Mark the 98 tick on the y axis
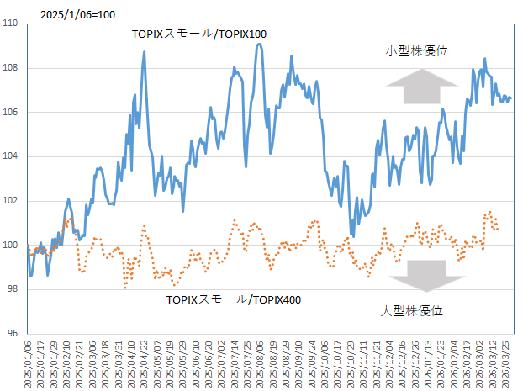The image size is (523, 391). pos(14,289)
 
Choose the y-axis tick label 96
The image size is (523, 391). pos(14,333)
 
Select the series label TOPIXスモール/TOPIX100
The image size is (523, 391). pos(199,34)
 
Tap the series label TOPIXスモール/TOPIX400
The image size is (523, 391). pos(234,299)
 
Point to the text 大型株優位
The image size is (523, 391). pos(411,311)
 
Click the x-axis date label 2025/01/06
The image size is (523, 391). pos(29,362)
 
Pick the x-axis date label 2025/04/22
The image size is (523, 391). pos(145,362)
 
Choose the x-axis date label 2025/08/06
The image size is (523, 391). pos(261,362)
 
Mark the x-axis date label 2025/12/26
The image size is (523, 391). pos(414,362)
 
